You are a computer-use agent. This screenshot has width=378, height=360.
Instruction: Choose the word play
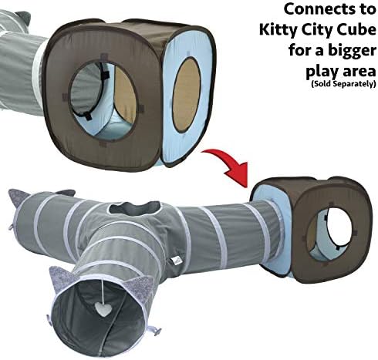pyautogui.click(x=321, y=72)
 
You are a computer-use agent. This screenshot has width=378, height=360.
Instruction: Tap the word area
pyautogui.click(x=358, y=72)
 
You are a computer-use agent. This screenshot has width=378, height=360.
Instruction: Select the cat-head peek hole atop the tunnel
pyautogui.click(x=134, y=207)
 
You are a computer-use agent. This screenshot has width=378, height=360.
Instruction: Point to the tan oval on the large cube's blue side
pyautogui.click(x=187, y=95)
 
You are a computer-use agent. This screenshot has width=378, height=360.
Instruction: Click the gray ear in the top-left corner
pyautogui.click(x=23, y=18)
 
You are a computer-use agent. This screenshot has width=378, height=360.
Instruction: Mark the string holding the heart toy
pyautogui.click(x=103, y=291)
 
